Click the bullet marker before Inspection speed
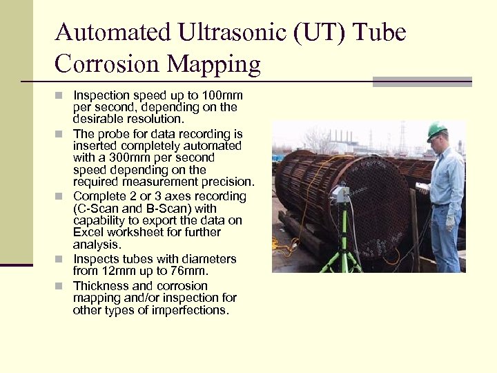click(x=60, y=95)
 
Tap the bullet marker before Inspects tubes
click(x=60, y=259)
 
